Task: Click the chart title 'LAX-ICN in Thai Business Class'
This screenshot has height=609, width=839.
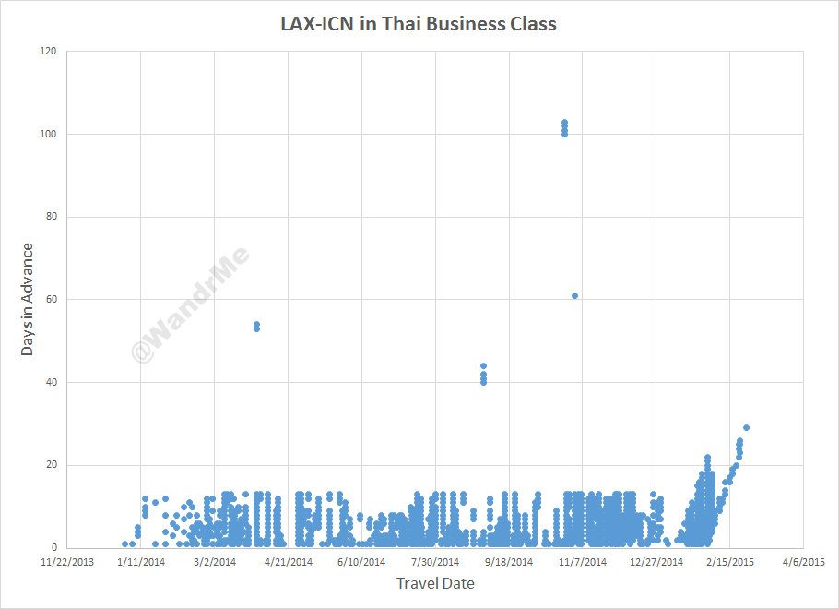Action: [x=419, y=24]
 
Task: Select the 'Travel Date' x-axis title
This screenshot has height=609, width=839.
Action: [x=435, y=583]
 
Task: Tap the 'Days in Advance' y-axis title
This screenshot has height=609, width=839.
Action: [x=29, y=299]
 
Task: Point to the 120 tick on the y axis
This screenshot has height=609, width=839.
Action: [x=48, y=52]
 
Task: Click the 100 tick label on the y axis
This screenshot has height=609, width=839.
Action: [x=48, y=135]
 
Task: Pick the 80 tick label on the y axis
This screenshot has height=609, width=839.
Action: [x=51, y=217]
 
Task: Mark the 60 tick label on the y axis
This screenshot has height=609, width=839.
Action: [x=51, y=300]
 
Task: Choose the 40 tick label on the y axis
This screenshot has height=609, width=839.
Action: [x=51, y=382]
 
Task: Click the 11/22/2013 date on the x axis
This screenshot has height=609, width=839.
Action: [x=67, y=561]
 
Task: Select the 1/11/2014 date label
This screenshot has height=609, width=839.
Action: [x=141, y=561]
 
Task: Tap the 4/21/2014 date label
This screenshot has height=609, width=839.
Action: [x=288, y=561]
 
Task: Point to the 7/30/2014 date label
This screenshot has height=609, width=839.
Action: [x=435, y=561]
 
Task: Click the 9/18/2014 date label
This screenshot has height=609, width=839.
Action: [x=509, y=561]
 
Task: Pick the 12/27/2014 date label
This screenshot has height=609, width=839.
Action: [x=656, y=561]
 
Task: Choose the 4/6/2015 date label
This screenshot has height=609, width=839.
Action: [x=803, y=561]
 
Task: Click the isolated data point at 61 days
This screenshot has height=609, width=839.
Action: [x=574, y=296]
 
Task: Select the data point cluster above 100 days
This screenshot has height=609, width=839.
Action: [x=564, y=128]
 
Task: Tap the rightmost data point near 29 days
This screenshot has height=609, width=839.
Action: [x=746, y=428]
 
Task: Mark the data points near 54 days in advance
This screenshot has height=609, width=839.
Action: [x=256, y=327]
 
